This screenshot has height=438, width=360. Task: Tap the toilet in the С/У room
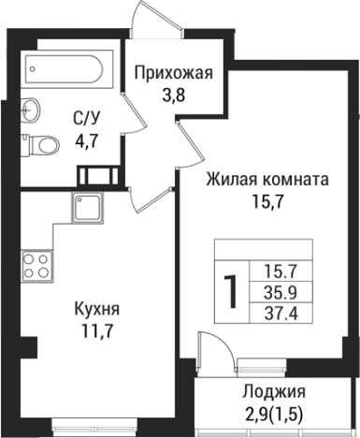click(x=36, y=146)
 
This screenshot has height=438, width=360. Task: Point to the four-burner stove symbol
click(x=36, y=265)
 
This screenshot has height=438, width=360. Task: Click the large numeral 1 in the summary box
click(x=228, y=293)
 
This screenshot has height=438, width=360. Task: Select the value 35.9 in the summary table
click(x=281, y=291)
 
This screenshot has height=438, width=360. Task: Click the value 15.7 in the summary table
click(x=281, y=271)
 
